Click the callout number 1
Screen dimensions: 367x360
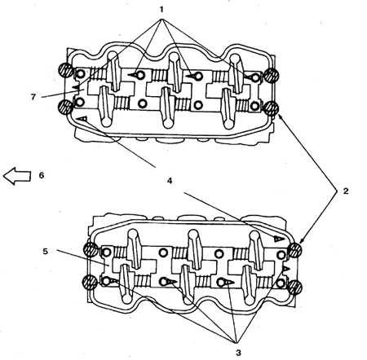161,10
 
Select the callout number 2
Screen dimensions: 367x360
346,191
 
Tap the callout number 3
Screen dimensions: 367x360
238,353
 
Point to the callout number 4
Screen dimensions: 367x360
170,181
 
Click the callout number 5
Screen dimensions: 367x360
45,252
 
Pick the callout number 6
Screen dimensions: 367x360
42,175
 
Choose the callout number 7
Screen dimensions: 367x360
33,97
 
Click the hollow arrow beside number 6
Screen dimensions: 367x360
17,176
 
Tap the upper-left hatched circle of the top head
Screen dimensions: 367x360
65,71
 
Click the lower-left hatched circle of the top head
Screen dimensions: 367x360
65,107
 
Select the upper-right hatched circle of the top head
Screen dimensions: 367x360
272,75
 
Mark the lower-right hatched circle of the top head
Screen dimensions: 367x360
272,108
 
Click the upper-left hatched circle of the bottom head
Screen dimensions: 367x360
91,250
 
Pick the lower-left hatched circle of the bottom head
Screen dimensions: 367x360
90,283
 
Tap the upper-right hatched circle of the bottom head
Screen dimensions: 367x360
295,250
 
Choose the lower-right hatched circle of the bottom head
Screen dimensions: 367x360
295,288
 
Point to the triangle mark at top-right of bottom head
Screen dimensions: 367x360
280,239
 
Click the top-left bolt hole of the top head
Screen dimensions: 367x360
81,74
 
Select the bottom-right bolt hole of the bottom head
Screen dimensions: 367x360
281,283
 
